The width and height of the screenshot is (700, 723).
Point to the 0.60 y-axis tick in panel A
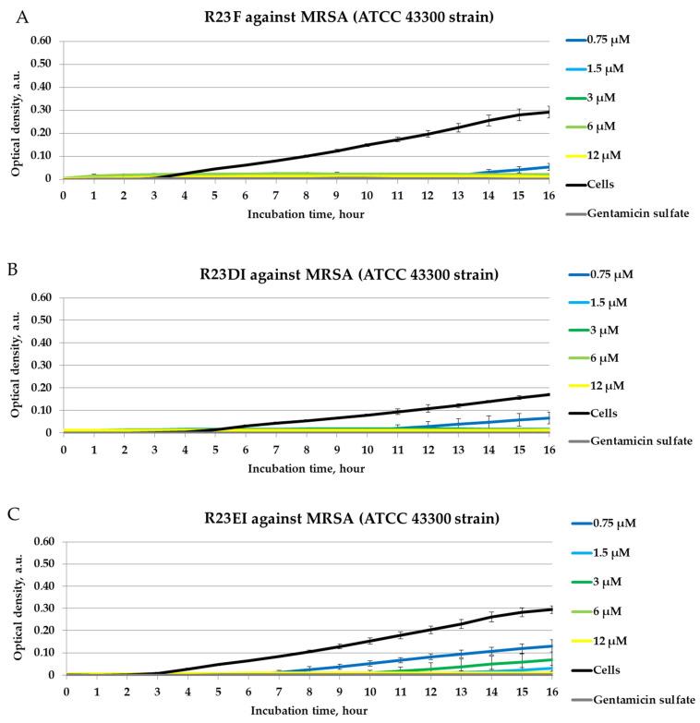[40, 42]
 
